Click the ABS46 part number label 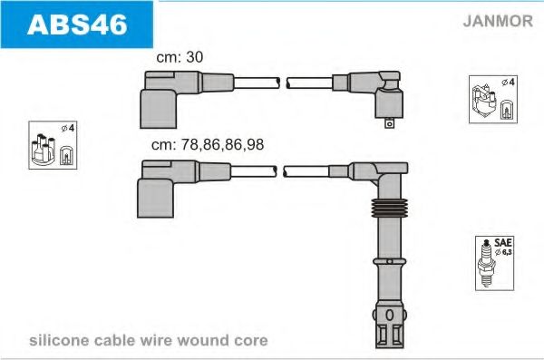[x=76, y=24]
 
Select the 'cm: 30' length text [x=180, y=56]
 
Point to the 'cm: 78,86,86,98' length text [x=208, y=143]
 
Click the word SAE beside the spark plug [x=502, y=244]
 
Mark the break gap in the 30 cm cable [x=281, y=84]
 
